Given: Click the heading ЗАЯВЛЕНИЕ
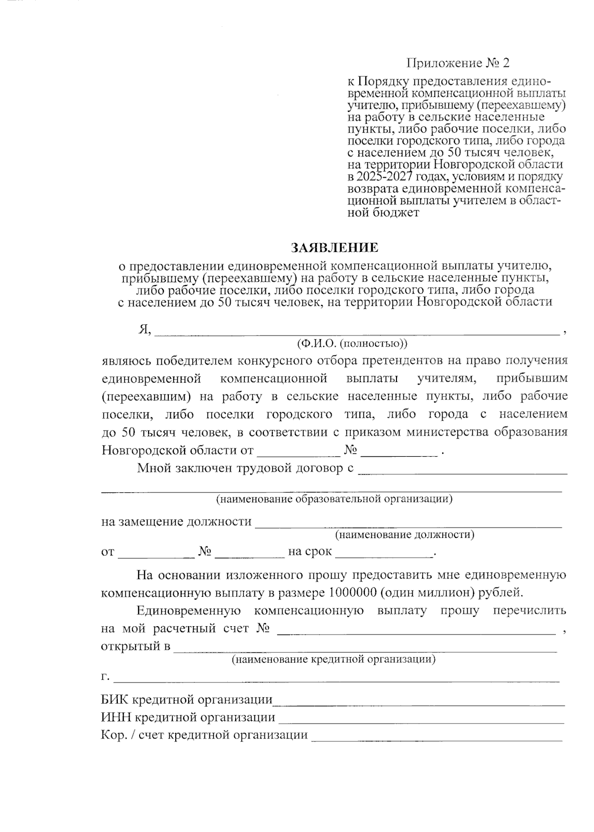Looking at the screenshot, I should [334, 247].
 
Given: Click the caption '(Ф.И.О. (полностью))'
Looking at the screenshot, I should [352, 343].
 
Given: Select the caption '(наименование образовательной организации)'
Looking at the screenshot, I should [334, 498].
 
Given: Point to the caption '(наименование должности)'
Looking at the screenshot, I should [404, 535].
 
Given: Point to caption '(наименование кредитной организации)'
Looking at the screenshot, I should [334, 659].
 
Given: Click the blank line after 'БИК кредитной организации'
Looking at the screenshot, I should [418, 700].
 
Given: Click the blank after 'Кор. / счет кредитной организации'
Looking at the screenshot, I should [436, 736].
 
